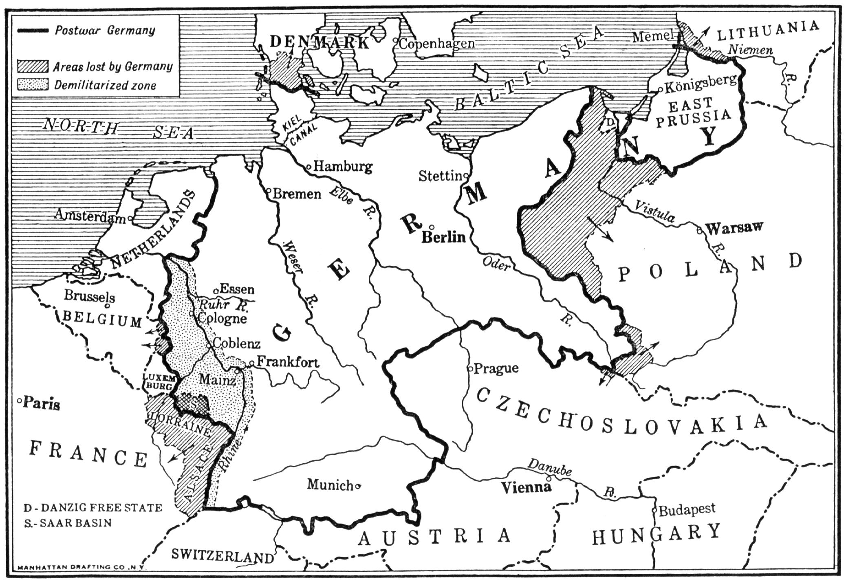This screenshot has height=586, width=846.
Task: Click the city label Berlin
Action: pyautogui.click(x=443, y=237)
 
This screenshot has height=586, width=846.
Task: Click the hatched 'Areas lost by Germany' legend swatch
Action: pyautogui.click(x=33, y=66)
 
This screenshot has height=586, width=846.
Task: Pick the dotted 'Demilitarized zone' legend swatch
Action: pyautogui.click(x=33, y=85)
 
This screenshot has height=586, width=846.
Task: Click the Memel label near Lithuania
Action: pyautogui.click(x=652, y=37)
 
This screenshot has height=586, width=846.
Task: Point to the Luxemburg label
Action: pyautogui.click(x=158, y=381)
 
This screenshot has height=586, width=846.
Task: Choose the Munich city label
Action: pyautogui.click(x=330, y=485)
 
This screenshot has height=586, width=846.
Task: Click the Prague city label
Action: pyautogui.click(x=496, y=368)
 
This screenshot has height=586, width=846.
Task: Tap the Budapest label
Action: pyautogui.click(x=687, y=509)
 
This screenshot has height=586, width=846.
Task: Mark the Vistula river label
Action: pyautogui.click(x=655, y=211)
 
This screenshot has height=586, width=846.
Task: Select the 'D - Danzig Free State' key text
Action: pyautogui.click(x=93, y=508)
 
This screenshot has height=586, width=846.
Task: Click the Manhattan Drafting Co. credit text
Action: pyautogui.click(x=82, y=567)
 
